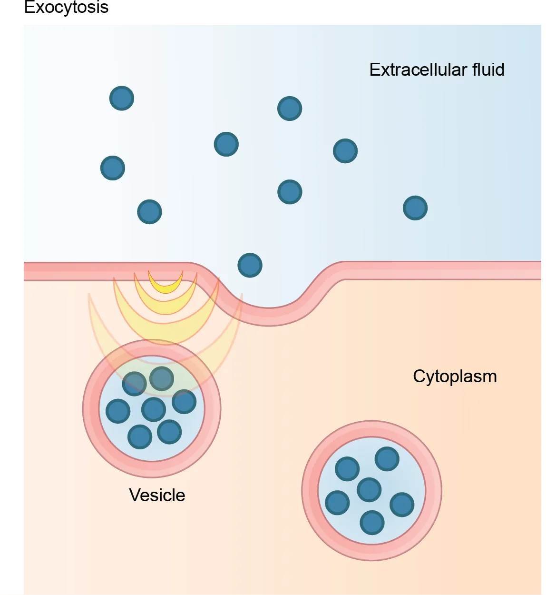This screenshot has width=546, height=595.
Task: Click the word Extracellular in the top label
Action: coord(418,70)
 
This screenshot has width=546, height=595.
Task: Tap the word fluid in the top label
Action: coord(488,70)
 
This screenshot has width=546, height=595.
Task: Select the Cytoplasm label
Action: coord(455,377)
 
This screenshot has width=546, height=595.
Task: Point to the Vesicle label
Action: coord(157,496)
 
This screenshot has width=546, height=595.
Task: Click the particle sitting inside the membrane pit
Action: coord(250,265)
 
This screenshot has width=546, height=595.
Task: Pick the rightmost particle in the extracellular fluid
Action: coord(415,208)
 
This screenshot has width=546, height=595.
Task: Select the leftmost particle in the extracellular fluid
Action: coord(113,168)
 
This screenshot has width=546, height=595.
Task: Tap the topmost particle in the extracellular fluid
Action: coord(122,99)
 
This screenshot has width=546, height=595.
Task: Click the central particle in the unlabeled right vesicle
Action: coord(369,490)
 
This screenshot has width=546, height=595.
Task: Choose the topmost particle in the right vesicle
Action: coord(387,459)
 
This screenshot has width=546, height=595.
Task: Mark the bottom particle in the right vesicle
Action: coord(372,523)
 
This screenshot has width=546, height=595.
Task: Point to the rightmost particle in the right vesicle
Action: coord(402,505)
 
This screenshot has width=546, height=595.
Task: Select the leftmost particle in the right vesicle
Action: coord(337,503)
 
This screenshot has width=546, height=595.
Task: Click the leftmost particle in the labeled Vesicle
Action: coord(118,411)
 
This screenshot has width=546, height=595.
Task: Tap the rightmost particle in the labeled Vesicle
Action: coord(184,401)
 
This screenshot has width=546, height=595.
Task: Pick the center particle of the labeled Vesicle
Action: coord(154,409)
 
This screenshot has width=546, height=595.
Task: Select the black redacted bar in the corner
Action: coord(67,8)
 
